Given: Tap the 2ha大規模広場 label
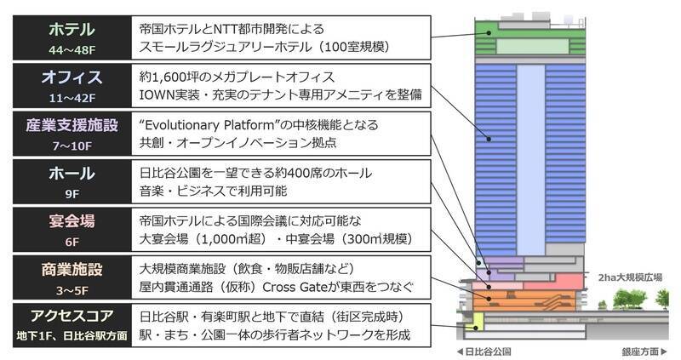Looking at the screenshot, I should pos(631,277).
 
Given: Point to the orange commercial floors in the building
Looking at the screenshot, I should pos(528,299).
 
